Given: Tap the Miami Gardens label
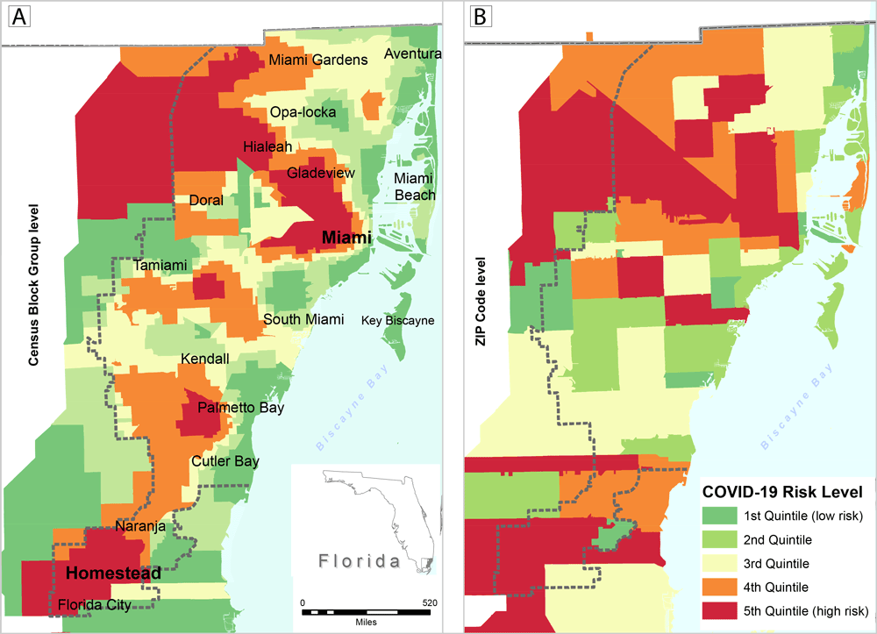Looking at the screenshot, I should tap(317, 60).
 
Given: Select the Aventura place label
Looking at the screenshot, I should tap(412, 54).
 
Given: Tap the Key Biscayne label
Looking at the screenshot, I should tap(397, 320).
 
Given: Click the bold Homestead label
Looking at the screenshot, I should tap(113, 573).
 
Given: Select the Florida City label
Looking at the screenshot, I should tap(94, 605).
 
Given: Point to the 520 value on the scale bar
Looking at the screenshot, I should tap(430, 603).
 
